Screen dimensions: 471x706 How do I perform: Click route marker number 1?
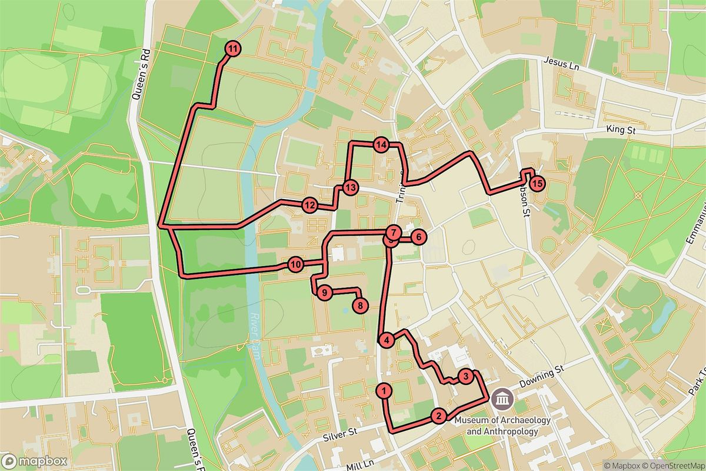coord(384,390)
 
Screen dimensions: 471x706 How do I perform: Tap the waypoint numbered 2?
coord(438,416)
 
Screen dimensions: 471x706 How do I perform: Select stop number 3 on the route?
coord(465,376)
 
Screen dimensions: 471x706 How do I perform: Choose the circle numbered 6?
coord(418,237)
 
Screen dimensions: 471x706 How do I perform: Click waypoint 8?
coord(360,305)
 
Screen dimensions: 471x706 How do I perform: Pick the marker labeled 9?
coord(323,292)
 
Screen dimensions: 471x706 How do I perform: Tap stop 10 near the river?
coord(296,264)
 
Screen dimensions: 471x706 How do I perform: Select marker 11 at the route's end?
coord(234,49)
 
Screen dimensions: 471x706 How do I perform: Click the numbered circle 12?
coord(310,205)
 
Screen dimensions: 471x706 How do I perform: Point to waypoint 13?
coord(351,188)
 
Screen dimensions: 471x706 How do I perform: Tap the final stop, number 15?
coord(537,184)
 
